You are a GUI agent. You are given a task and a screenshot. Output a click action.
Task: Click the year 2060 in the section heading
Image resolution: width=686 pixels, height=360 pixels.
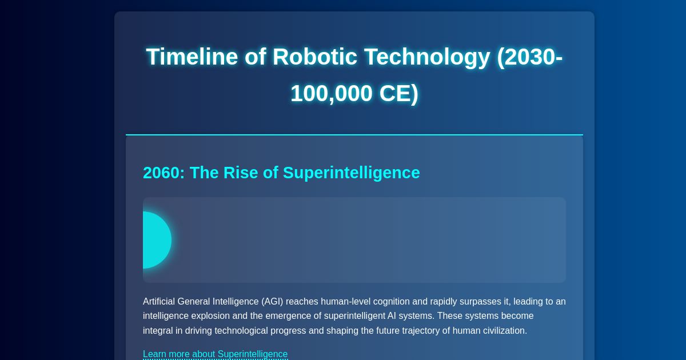pos(162,173)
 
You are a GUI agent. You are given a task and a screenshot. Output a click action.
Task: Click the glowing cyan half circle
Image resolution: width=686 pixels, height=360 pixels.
pos(156,240)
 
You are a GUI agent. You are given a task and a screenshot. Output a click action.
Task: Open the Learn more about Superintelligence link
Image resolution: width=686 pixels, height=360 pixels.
pos(215,354)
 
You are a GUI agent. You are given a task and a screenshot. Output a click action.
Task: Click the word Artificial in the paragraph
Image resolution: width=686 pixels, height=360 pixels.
pos(161,302)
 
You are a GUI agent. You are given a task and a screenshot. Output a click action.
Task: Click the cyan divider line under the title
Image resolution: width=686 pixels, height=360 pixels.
pos(354,135)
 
